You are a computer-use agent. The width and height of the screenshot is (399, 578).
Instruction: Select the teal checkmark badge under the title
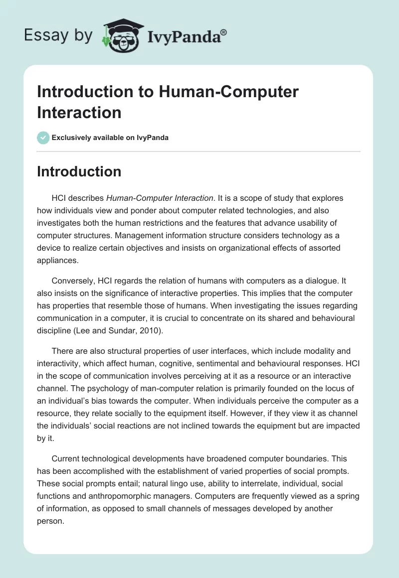tap(43, 138)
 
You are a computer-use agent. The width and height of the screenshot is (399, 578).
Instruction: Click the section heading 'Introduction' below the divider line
tap(79, 171)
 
